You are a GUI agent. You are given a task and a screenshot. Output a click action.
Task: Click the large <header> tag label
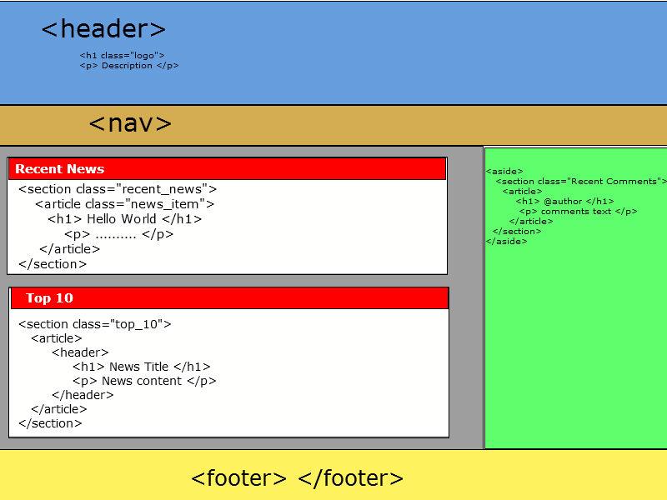[x=103, y=29]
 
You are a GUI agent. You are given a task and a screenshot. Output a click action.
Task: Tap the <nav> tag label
[x=130, y=123]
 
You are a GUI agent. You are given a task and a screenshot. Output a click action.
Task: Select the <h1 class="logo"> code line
[x=122, y=56]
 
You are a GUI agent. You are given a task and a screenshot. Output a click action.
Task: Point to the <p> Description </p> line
[x=129, y=66]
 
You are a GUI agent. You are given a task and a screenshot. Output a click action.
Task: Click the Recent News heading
[x=59, y=169]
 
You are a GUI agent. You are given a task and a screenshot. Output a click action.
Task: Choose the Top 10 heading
[x=49, y=298]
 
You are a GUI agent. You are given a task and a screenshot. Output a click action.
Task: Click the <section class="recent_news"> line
[x=117, y=189]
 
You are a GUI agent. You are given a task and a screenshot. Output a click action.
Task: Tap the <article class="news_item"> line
[x=124, y=204]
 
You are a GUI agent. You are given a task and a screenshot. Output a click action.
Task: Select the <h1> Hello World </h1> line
[x=124, y=219]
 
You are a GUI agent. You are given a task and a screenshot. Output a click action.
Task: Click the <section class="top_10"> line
[x=94, y=324]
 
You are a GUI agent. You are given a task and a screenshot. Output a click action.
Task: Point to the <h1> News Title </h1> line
[x=141, y=367]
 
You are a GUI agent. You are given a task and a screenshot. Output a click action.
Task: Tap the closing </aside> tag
[x=506, y=242]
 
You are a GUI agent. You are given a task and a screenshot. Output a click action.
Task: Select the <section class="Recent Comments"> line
[x=581, y=182]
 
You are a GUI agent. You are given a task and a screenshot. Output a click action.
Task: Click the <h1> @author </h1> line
[x=564, y=202]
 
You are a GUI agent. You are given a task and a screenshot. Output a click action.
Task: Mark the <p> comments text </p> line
[x=578, y=212]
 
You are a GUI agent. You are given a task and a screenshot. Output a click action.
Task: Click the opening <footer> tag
[x=238, y=478]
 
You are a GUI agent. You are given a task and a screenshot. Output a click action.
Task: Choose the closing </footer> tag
[x=350, y=478]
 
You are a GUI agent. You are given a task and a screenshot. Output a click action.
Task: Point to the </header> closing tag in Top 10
[x=83, y=395]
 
